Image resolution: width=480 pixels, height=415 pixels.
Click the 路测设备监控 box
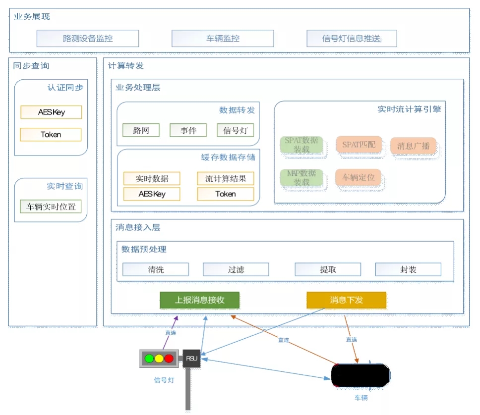point(88,39)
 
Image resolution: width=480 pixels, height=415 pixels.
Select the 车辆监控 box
point(223,39)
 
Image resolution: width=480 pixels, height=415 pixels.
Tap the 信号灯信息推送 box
point(352,39)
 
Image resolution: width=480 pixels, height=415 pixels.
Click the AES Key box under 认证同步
point(51,112)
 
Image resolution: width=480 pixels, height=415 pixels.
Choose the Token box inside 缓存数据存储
point(225,194)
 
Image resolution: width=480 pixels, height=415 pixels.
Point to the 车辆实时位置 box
point(51,207)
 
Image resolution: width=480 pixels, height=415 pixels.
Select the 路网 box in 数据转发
point(141,131)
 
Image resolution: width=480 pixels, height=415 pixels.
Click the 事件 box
point(188,131)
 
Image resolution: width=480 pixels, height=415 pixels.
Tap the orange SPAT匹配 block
point(359,146)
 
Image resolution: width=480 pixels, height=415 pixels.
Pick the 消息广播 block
point(413,146)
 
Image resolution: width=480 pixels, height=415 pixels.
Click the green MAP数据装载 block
point(301,178)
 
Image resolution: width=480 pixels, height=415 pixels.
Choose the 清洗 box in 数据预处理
point(156,269)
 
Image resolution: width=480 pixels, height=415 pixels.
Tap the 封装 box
point(408,269)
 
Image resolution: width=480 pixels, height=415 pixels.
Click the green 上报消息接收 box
point(199,300)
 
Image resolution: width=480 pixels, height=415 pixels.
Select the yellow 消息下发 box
point(346,300)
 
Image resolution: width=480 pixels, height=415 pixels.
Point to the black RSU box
point(191,358)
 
